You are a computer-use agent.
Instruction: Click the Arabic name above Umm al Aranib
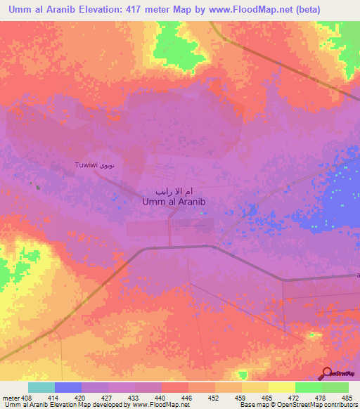(x=174, y=191)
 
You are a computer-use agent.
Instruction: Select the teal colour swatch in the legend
(x=41, y=387)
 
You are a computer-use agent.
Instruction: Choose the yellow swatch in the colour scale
(x=282, y=387)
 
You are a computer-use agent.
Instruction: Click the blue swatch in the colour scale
(x=68, y=387)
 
